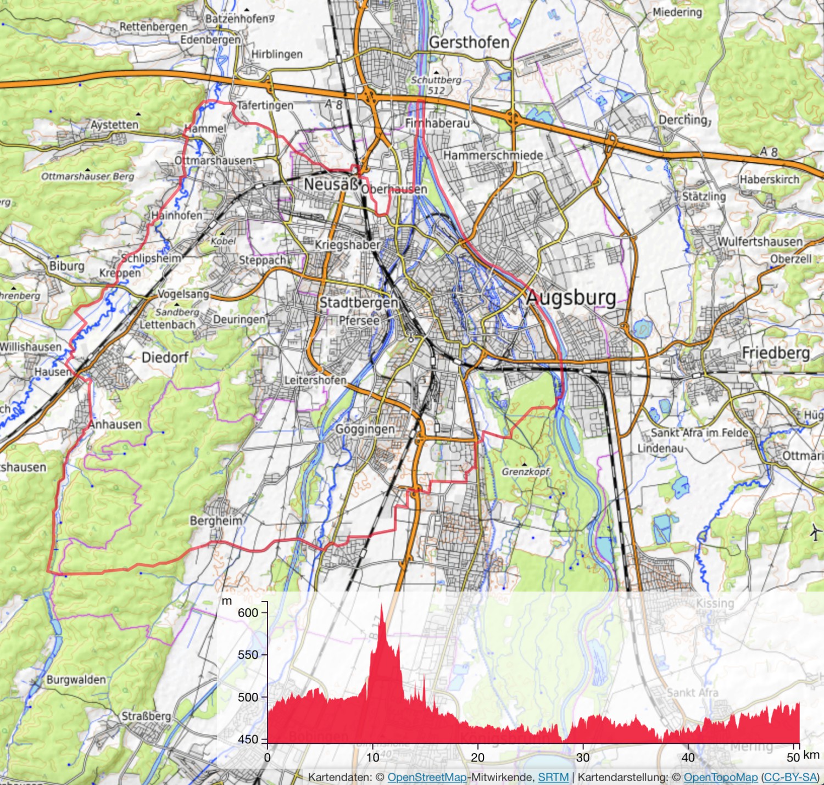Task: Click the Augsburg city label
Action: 571,298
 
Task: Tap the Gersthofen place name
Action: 469,42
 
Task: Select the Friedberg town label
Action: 776,352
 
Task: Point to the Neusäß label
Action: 331,184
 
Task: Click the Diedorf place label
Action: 165,357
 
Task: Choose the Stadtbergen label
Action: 358,302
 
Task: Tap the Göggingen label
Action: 365,429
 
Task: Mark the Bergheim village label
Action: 216,520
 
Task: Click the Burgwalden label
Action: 76,680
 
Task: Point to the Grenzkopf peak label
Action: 525,472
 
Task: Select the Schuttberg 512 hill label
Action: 436,85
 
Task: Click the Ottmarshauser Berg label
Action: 88,176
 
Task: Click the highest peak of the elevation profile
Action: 382,604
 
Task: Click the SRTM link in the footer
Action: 553,777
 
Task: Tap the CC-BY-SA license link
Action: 789,777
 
